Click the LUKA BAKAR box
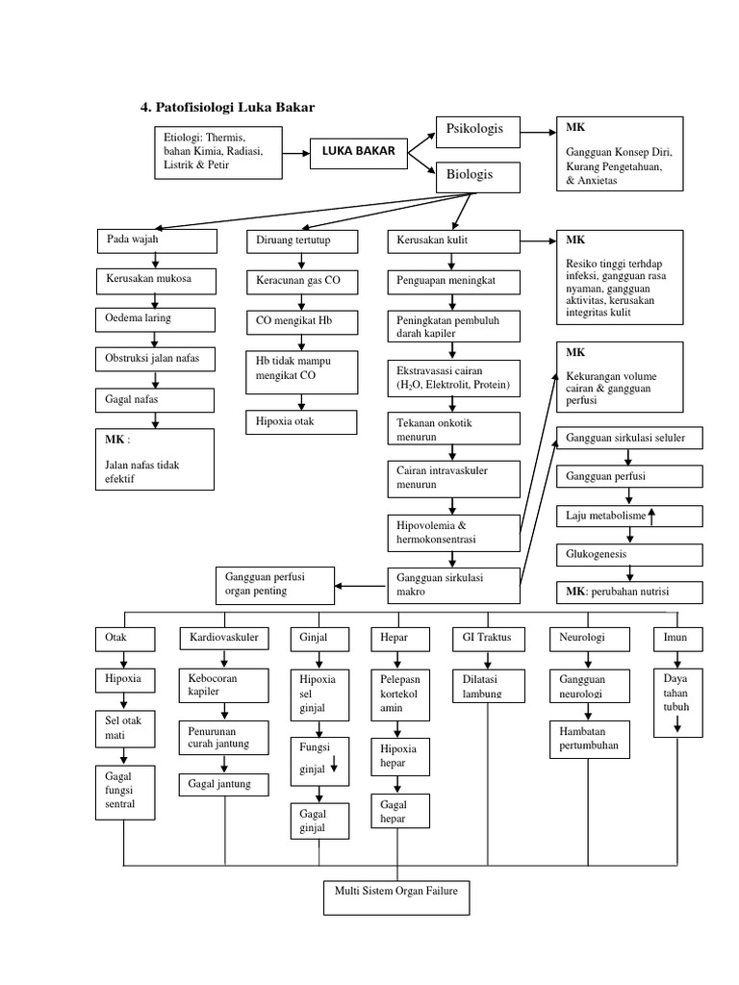[352, 152]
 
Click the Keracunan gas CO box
[301, 282]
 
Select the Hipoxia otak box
[301, 421]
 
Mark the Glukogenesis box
[628, 554]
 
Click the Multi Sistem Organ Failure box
[395, 896]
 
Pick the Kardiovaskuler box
[224, 638]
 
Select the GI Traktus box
[488, 638]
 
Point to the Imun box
[677, 638]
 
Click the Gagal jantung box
[224, 785]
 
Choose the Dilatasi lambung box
[488, 684]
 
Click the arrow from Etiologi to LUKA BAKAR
[295, 152]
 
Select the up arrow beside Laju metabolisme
[651, 516]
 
